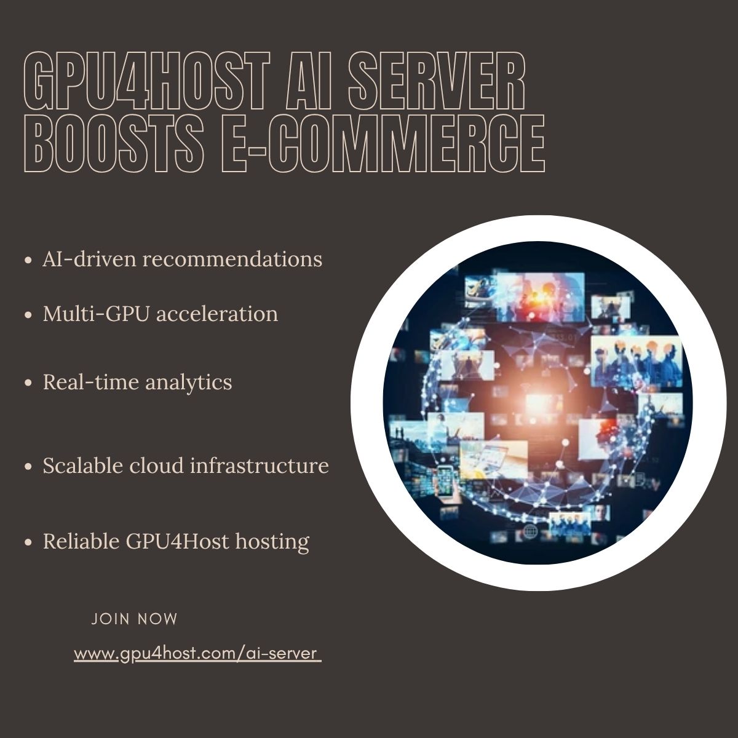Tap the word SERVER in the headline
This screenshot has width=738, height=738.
coord(436,81)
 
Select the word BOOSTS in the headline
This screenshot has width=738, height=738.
coord(114,143)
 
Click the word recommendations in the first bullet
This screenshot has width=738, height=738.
coord(232,259)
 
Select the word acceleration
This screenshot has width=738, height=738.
coord(217,314)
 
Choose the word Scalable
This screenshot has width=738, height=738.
coord(83,466)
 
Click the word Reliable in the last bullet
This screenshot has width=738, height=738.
coord(81,541)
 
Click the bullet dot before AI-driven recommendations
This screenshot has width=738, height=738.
coord(28,260)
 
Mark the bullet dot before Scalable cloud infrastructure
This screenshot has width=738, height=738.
coord(28,467)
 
